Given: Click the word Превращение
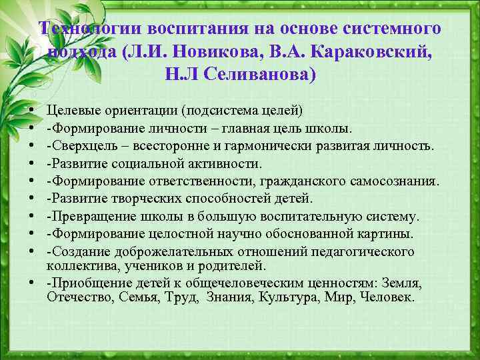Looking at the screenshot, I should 86,217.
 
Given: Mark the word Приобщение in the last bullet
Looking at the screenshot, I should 84,283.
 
